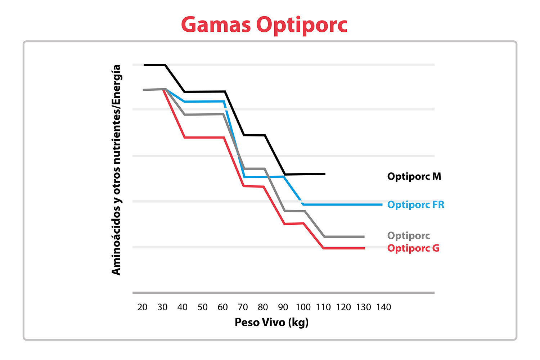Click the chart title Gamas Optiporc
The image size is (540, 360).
coord(264,25)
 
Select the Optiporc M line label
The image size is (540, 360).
coord(414,176)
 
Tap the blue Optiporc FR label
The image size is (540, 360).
coord(415,205)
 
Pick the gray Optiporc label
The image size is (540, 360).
coord(408,236)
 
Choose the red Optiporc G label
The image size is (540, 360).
coord(413,248)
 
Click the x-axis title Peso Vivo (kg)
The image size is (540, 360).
coord(271,322)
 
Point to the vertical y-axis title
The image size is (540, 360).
coord(116,170)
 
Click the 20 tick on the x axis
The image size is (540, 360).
coord(142,307)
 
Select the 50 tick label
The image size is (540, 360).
coord(202,307)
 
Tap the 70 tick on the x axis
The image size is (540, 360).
coord(243,307)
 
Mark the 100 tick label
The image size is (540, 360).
coord(303,307)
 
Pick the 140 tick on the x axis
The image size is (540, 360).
coord(384,307)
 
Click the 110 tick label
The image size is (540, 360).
coord(323,307)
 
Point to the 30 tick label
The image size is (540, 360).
coord(162,307)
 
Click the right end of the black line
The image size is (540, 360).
coord(325,174)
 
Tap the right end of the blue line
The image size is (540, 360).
coord(382,204)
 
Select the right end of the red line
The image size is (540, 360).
coord(364,248)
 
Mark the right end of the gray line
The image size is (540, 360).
coord(364,237)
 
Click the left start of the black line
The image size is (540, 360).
coord(144,65)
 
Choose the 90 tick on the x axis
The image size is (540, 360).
coord(283,307)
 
